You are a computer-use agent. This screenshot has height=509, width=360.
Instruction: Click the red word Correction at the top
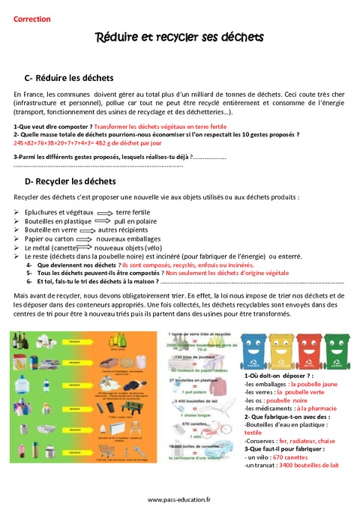(x=32, y=19)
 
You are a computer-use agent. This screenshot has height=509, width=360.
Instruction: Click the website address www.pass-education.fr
(x=180, y=499)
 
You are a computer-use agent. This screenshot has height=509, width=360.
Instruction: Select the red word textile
(x=253, y=432)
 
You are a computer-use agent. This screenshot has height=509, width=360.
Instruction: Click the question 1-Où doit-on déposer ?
(x=278, y=375)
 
